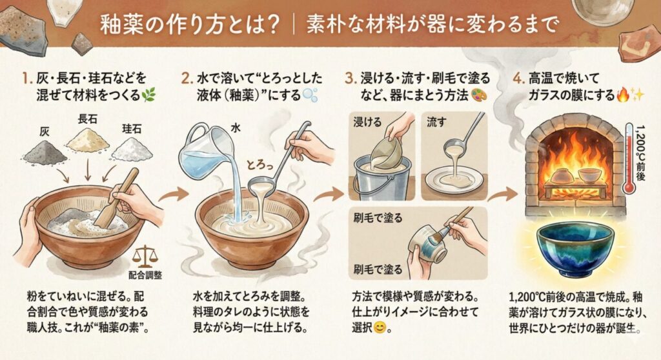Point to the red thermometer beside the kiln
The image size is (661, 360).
(x=628, y=158)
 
